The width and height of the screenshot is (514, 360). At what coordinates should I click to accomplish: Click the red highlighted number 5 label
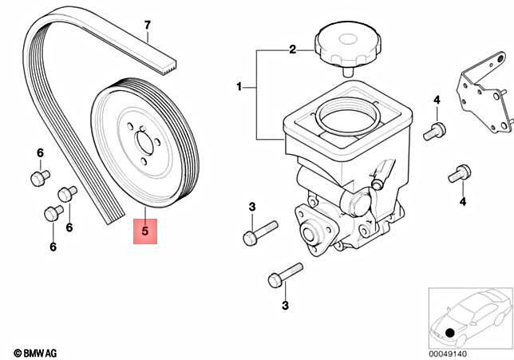click(x=144, y=231)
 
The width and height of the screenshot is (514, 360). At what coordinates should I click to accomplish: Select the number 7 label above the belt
click(x=147, y=25)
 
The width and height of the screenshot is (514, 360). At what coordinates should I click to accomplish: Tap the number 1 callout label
click(x=238, y=85)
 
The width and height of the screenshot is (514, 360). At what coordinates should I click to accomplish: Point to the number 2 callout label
click(x=292, y=49)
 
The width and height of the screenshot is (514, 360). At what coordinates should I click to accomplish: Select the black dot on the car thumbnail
click(x=451, y=332)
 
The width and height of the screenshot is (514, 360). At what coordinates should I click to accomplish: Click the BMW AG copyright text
click(x=36, y=352)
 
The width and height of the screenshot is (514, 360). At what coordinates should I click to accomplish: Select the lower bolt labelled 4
click(x=458, y=171)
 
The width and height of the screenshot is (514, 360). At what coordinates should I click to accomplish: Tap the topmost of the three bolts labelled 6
click(x=38, y=177)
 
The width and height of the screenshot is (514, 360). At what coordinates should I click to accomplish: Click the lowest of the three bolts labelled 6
click(x=53, y=213)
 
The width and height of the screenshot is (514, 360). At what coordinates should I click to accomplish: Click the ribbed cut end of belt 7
click(x=168, y=61)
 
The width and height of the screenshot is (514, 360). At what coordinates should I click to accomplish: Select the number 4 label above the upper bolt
click(x=437, y=100)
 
